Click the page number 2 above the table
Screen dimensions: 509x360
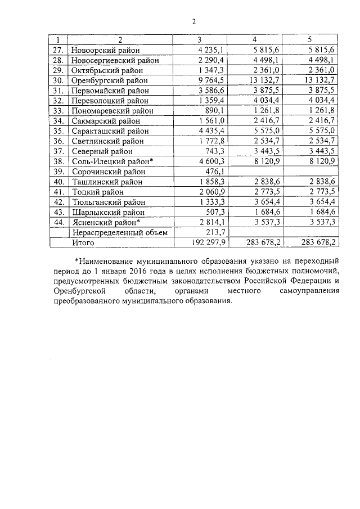[193, 22]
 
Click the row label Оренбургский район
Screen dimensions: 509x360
[110, 80]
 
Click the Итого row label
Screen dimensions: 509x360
[83, 243]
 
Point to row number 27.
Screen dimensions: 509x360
[57, 50]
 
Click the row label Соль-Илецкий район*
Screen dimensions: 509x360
[112, 161]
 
